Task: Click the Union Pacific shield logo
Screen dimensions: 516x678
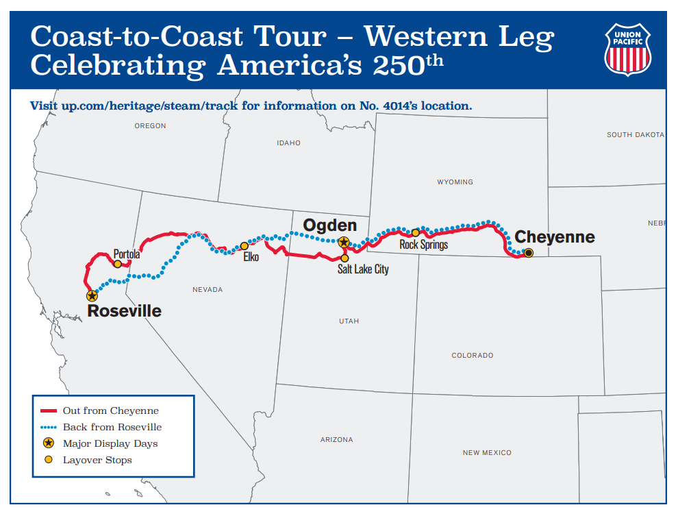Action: (627, 49)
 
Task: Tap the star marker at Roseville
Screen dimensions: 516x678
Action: (92, 296)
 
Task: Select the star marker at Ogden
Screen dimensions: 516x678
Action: (344, 242)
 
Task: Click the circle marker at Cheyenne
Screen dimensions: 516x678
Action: (528, 253)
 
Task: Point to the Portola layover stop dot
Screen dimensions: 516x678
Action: (118, 264)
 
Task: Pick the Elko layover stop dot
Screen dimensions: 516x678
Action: (244, 246)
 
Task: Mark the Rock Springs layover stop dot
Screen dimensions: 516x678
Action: (415, 232)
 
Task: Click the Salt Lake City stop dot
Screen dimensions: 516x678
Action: (344, 258)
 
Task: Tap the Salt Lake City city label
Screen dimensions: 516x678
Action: (363, 269)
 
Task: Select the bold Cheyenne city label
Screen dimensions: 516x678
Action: (555, 237)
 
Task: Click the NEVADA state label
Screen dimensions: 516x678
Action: (208, 290)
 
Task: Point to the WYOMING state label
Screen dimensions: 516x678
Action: (455, 182)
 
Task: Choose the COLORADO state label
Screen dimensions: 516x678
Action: (472, 356)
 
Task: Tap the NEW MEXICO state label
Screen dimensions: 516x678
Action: (487, 453)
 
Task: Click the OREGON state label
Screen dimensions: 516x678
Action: (150, 126)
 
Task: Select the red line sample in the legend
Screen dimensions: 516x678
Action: (48, 411)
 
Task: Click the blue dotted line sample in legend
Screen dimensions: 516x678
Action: (48, 427)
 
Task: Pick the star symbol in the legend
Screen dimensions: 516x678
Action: (48, 443)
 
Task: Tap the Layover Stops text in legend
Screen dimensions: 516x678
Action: (97, 460)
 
